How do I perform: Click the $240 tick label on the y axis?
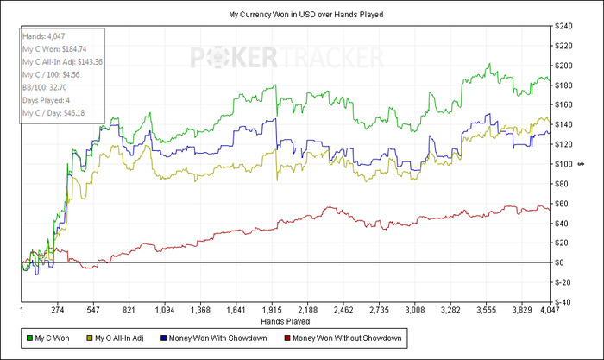[566, 26]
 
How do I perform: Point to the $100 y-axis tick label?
[566, 164]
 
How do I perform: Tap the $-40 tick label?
[566, 302]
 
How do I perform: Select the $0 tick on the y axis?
[562, 262]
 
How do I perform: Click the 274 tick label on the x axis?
[60, 309]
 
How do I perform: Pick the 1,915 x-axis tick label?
[273, 309]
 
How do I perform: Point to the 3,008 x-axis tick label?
[415, 309]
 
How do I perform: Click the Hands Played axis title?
[286, 320]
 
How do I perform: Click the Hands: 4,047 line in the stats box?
[42, 37]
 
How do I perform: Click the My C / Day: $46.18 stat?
[54, 113]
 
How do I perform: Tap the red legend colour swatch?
[286, 336]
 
